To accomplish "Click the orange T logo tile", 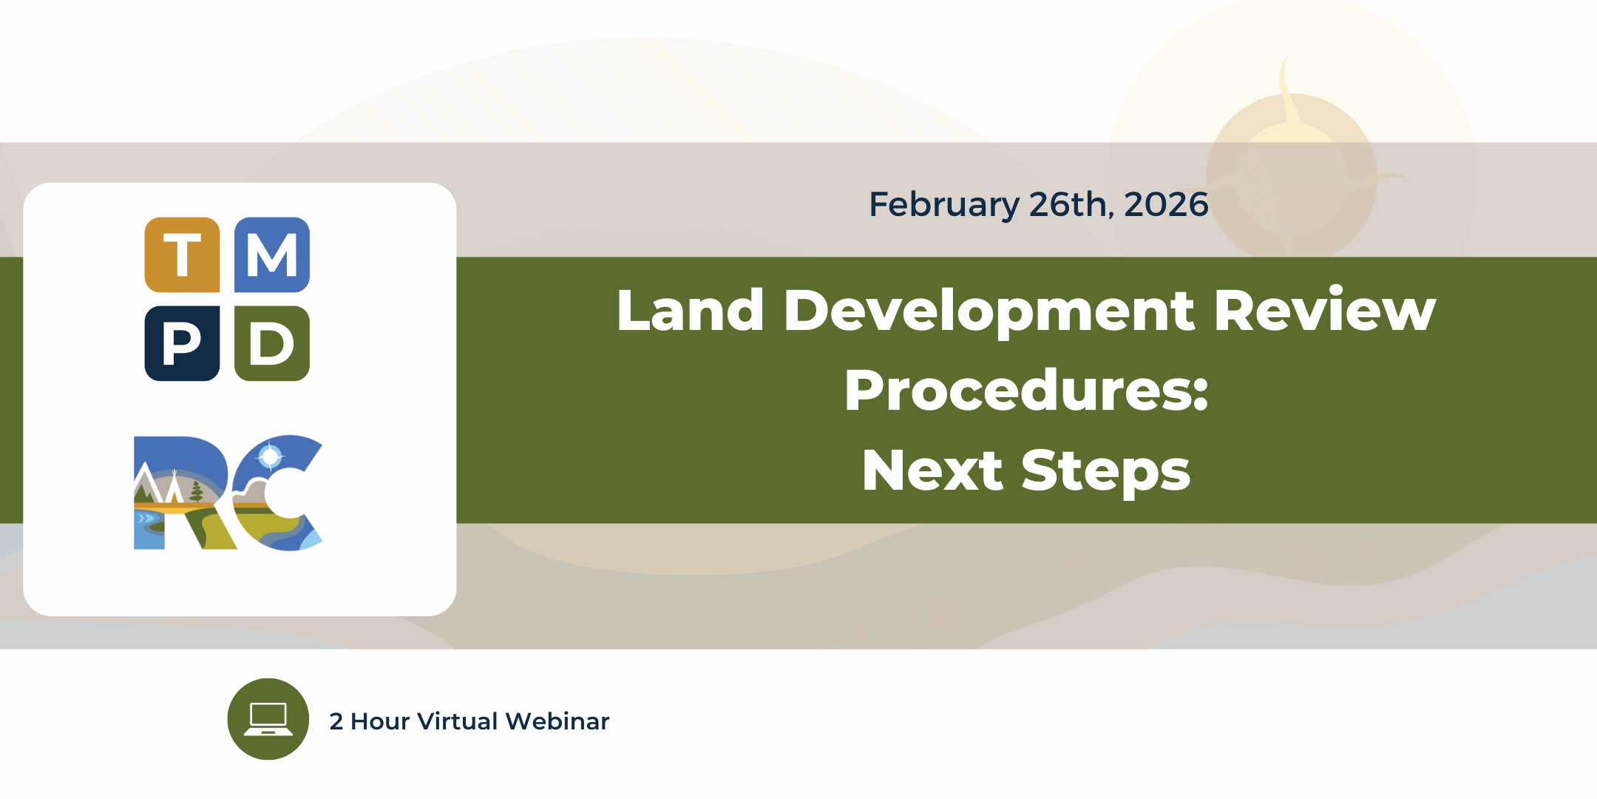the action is tap(182, 254).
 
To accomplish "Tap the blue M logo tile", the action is tap(272, 254).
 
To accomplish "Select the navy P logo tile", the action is tap(182, 343).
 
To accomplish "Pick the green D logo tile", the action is tap(272, 343).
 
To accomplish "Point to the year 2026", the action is tap(1166, 204).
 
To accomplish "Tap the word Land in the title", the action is tap(691, 310).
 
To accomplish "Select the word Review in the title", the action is tap(1325, 310).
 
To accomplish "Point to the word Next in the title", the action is tap(932, 471).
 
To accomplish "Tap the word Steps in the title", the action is tap(1106, 472).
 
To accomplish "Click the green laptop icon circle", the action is tap(268, 719).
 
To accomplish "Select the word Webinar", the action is tap(557, 721).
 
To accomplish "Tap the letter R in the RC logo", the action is tap(185, 493).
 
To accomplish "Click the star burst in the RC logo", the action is tap(271, 456).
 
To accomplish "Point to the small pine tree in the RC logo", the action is tap(197, 491).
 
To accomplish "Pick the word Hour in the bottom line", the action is tap(380, 721).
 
